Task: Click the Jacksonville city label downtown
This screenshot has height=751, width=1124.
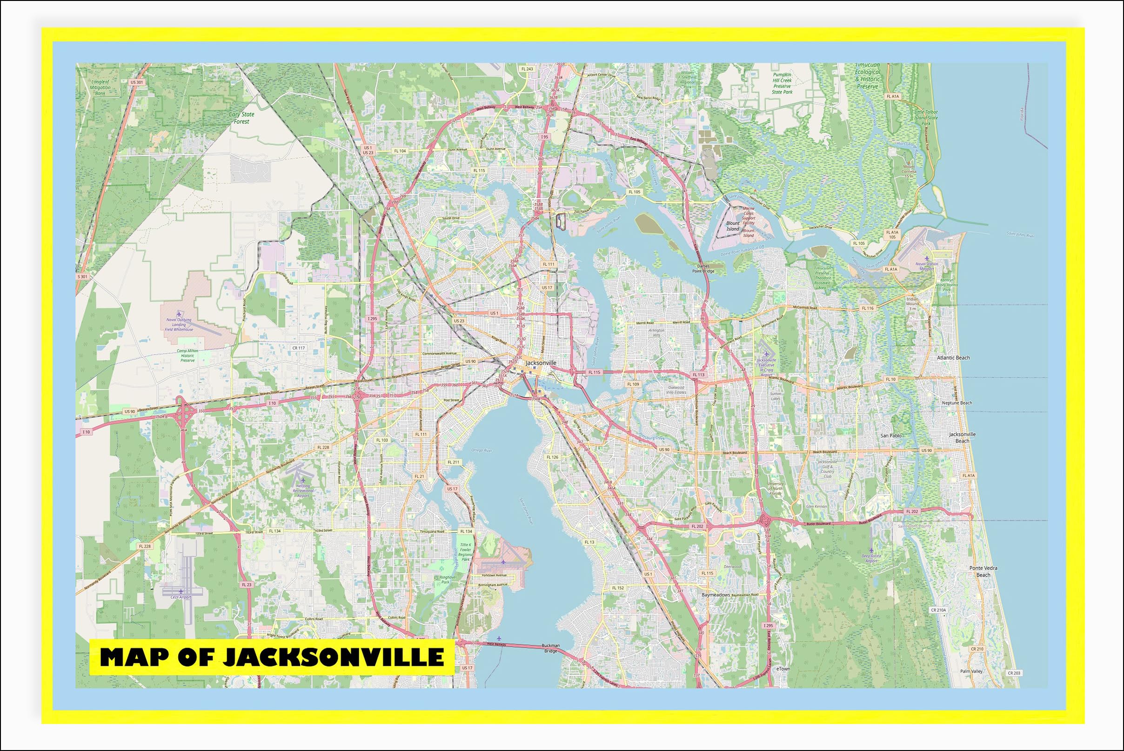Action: [541, 363]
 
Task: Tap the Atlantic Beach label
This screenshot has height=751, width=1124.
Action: [953, 358]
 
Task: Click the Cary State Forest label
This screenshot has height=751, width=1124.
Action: [241, 118]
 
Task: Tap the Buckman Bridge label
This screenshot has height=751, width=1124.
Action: [550, 649]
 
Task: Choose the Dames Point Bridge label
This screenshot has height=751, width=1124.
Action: [702, 268]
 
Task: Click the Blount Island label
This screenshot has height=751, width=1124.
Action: [733, 226]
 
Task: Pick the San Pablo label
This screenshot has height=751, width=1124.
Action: [891, 436]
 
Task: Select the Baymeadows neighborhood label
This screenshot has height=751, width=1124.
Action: [716, 595]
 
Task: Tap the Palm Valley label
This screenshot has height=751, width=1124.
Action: [971, 671]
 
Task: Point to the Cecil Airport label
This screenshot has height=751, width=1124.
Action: [181, 597]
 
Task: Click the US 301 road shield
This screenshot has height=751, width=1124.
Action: [136, 82]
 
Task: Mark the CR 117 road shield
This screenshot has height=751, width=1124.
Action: [298, 348]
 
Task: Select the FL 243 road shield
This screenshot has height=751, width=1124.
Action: [527, 69]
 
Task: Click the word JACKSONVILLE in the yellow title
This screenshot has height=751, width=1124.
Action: [333, 657]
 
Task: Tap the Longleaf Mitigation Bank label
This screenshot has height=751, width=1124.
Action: [100, 87]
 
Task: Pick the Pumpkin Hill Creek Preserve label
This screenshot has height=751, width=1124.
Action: [782, 83]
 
